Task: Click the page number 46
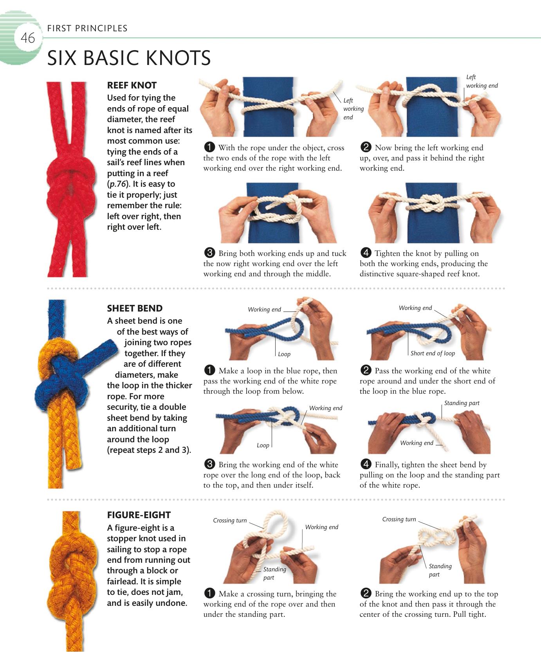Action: (28, 38)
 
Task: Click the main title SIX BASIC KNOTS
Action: (129, 58)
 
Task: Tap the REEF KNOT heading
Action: (132, 85)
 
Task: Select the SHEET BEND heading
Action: (135, 308)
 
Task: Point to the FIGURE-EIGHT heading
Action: (139, 515)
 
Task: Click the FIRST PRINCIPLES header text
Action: (87, 28)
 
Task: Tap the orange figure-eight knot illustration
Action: (73, 579)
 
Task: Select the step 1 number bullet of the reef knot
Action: (209, 148)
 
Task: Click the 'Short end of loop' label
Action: (433, 353)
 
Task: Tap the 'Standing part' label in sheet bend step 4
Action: (462, 403)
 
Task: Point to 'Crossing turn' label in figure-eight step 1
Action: (230, 521)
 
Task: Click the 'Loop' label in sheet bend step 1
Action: (284, 354)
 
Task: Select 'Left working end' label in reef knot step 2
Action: (482, 81)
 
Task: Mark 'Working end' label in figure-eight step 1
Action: (322, 527)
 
